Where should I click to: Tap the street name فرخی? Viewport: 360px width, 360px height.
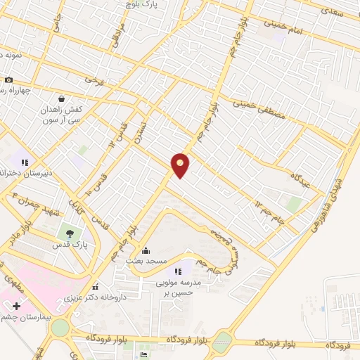tap(95, 81)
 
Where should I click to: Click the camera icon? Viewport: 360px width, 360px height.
tap(8, 80)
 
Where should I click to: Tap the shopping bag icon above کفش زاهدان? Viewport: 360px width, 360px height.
tap(62, 99)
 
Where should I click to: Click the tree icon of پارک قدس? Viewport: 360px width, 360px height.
tap(70, 233)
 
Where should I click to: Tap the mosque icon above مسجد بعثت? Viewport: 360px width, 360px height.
tap(146, 250)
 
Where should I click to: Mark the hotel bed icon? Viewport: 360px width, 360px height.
tap(144, 355)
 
